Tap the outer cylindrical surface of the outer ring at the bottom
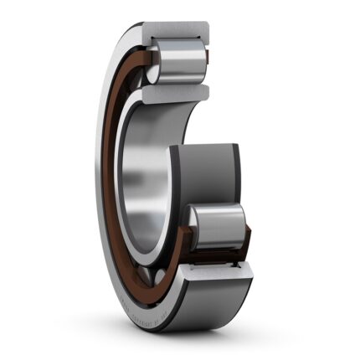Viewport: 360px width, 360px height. tap(209, 301)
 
